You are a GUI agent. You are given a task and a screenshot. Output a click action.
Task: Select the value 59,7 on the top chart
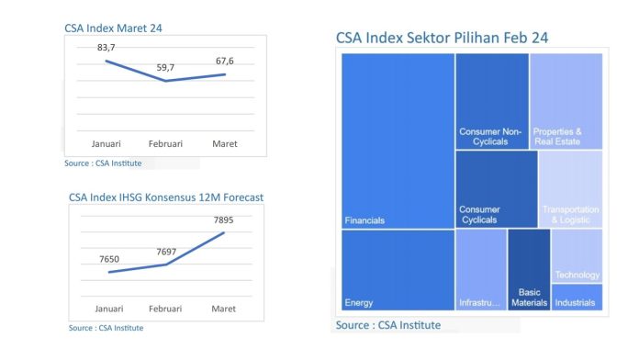coord(166,67)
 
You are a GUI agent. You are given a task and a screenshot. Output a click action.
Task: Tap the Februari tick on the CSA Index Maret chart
coord(166,144)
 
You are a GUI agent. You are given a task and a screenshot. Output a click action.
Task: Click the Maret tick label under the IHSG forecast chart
coord(224,309)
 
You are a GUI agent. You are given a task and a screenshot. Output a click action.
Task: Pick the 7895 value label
coord(224,220)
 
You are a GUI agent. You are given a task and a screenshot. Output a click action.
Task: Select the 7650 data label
coord(110,259)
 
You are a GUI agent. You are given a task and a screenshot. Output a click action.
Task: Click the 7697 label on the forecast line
coord(166,252)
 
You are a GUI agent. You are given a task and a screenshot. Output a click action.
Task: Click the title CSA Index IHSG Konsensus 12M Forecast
coord(166,197)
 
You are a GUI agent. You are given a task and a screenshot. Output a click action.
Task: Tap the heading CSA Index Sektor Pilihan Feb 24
coord(442,38)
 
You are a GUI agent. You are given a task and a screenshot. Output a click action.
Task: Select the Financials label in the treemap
coord(364,220)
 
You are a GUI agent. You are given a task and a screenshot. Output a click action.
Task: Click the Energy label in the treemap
coord(358,302)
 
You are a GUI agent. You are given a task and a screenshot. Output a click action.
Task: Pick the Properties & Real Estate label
coord(557,136)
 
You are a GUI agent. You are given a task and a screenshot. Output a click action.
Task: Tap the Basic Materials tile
coord(529,297)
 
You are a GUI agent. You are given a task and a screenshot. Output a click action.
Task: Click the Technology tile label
coord(577,275)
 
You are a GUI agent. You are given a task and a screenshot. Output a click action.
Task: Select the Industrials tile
coord(575,302)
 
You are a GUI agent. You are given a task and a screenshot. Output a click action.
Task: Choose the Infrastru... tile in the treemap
coord(479,302)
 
